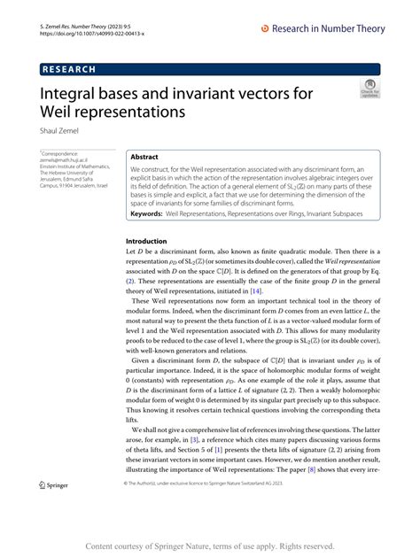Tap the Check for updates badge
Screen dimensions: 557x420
point(368,90)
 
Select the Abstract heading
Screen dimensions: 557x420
point(145,155)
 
